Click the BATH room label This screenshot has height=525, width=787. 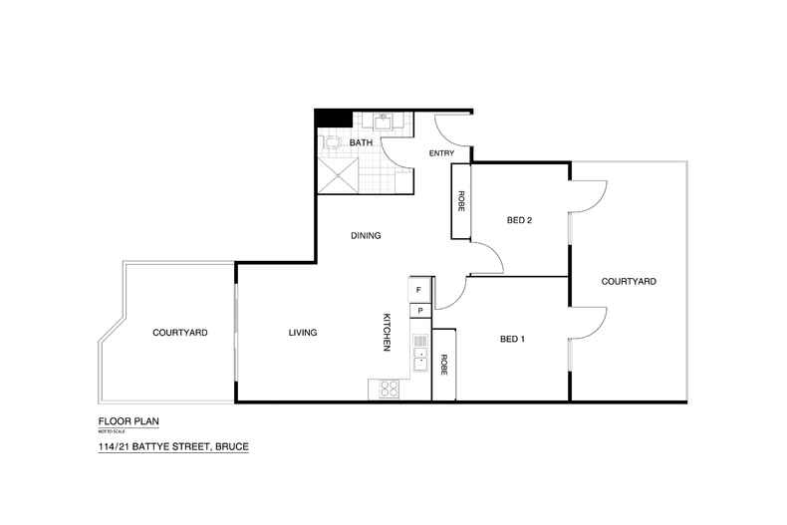pyautogui.click(x=361, y=144)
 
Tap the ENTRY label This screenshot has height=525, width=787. pyautogui.click(x=441, y=153)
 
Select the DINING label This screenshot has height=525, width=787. pyautogui.click(x=366, y=236)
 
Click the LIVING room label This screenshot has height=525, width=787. pyautogui.click(x=303, y=333)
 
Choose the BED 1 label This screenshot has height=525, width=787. pyautogui.click(x=512, y=339)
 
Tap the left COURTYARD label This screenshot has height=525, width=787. pyautogui.click(x=180, y=333)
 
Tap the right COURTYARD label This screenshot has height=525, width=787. pyautogui.click(x=629, y=282)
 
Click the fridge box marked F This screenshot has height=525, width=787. pyautogui.click(x=419, y=290)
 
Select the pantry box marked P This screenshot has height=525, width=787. pyautogui.click(x=419, y=311)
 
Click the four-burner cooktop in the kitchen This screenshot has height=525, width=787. pyautogui.click(x=390, y=389)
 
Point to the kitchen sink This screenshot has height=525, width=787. pyautogui.click(x=420, y=357)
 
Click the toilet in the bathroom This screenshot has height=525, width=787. pyautogui.click(x=332, y=141)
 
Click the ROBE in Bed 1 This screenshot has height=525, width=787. pyautogui.click(x=443, y=364)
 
